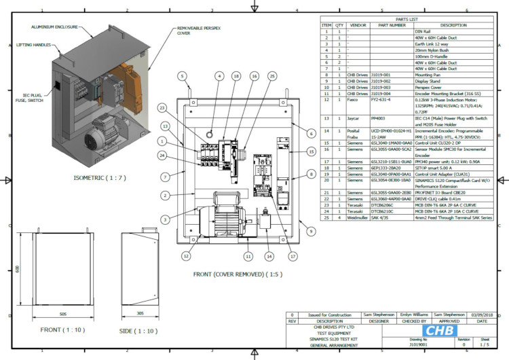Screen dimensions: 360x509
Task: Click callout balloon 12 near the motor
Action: pos(185,256)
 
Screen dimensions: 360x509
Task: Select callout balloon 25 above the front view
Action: pos(272,77)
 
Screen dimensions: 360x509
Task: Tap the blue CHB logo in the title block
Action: pos(440,331)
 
